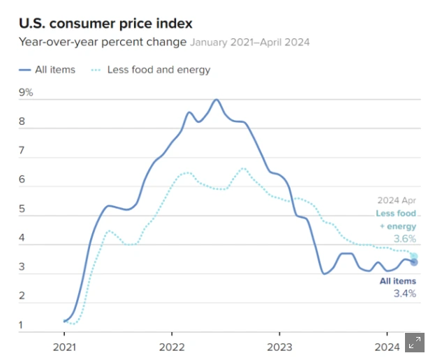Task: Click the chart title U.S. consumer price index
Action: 105,24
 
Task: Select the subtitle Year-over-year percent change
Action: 103,42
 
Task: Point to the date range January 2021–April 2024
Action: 250,43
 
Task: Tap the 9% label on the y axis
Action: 26,93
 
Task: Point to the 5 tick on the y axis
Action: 22,209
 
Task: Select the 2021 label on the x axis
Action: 64,347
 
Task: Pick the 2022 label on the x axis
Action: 171,347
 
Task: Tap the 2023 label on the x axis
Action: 279,347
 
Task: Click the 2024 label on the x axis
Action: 386,347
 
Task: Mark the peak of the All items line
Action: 216,100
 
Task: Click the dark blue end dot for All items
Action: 413,262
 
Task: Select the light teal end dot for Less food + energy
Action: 413,256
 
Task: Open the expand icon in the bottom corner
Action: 415,342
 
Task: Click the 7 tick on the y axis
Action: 22,151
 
